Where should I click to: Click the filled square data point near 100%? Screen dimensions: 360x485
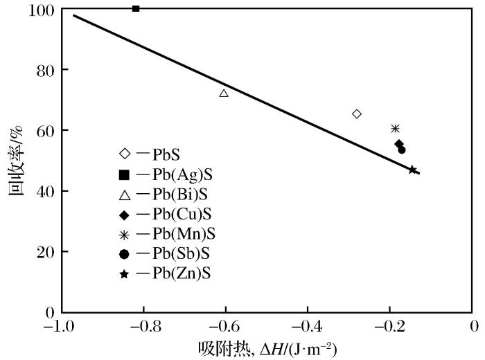[136, 8]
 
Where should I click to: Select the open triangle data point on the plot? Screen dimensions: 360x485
[224, 93]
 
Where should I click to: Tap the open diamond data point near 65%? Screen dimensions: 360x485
[357, 114]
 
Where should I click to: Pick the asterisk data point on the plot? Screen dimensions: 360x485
[395, 129]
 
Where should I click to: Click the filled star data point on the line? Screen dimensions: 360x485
[413, 170]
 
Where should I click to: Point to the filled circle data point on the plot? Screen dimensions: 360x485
[402, 150]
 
